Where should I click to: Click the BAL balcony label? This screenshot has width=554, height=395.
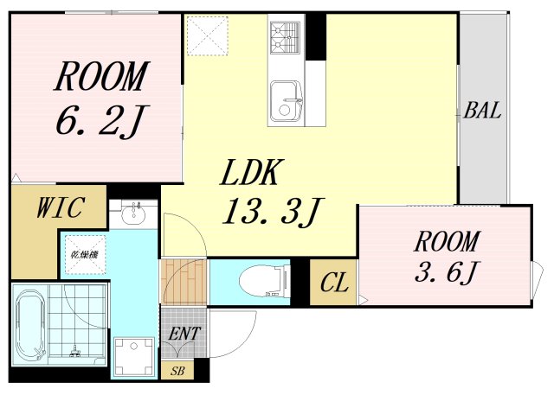[x=482, y=111]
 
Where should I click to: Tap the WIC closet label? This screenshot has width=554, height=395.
[x=61, y=207]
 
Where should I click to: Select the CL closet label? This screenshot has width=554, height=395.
[x=334, y=282]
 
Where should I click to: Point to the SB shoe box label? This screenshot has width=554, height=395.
[x=177, y=371]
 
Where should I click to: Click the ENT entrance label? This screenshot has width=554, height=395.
[x=184, y=334]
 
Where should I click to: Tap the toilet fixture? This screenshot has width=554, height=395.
[x=264, y=281]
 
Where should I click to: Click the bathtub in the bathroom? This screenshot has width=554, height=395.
[x=31, y=324]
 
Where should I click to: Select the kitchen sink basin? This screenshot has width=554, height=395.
[x=287, y=101]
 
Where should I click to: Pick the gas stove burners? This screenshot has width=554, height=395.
[x=285, y=38]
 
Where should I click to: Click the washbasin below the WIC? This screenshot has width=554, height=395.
[x=133, y=213]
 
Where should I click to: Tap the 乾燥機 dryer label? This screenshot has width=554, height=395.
[x=85, y=254]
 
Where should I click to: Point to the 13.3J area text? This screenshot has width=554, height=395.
[x=273, y=212]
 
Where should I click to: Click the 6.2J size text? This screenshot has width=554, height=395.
[x=100, y=120]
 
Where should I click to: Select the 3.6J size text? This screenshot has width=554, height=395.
[x=447, y=271]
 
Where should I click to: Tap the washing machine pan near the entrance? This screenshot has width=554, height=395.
[x=134, y=357]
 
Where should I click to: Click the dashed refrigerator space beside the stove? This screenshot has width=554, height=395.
[x=208, y=35]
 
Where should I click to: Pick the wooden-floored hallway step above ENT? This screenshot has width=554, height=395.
[x=183, y=281]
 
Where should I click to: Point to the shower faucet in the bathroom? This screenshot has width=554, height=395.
[x=75, y=350]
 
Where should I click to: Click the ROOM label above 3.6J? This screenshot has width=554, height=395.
[x=447, y=241]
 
